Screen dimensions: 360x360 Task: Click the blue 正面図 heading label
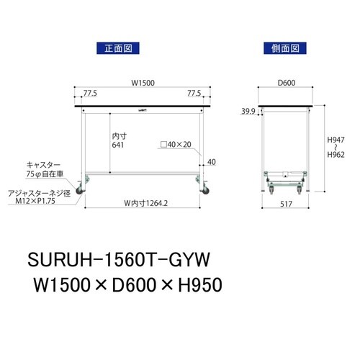point(115,48)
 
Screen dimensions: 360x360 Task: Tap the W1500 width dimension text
point(140,83)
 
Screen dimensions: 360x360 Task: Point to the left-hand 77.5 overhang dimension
point(91,94)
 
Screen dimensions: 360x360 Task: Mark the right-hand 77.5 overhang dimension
point(193,94)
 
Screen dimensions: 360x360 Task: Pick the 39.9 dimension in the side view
point(248,111)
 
